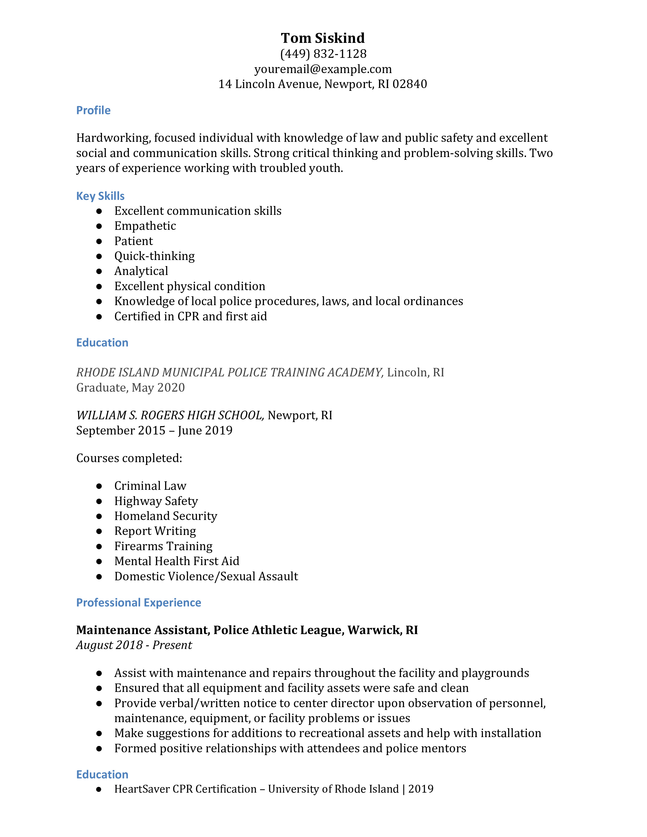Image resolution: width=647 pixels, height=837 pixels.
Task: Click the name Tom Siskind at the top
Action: [x=323, y=38]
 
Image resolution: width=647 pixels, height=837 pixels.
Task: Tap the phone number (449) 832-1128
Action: [x=323, y=54]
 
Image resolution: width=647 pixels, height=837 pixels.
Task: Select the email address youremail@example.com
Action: [x=323, y=69]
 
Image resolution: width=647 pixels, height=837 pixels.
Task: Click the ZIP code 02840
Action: [x=410, y=84]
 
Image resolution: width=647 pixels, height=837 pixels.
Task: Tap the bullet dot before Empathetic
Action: [x=99, y=226]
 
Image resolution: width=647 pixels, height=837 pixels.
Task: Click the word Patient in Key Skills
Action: [x=133, y=241]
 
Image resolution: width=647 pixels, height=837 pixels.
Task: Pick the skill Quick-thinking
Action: [x=155, y=256]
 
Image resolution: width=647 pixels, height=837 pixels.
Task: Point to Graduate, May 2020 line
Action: [x=130, y=388]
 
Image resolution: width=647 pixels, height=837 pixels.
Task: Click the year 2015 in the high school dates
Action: [x=151, y=430]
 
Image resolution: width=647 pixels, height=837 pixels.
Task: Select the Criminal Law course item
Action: [x=150, y=486]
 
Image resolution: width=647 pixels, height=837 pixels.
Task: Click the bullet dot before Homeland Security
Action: [x=99, y=516]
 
